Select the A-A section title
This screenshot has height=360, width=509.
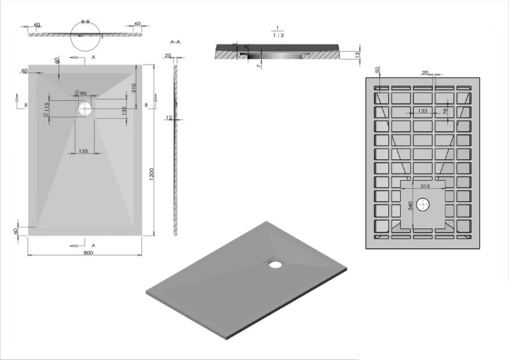pos(176,43)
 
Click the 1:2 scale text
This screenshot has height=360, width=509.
pos(278,35)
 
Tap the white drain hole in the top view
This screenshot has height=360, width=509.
pos(85,109)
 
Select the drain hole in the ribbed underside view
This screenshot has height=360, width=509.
pos(425,205)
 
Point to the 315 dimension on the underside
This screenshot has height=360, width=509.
pos(425,187)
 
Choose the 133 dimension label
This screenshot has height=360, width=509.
pos(423,111)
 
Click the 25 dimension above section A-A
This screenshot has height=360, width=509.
pos(168,55)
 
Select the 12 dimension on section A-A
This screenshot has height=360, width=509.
pos(170,118)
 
